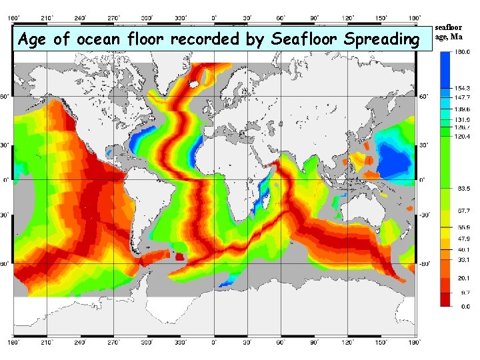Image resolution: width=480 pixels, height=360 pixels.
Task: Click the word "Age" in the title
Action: coord(33,39)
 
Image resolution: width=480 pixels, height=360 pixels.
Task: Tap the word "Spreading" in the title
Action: coord(380,39)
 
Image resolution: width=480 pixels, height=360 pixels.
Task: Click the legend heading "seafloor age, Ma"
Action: coord(449,32)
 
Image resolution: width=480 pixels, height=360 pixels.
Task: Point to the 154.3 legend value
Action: coord(462,88)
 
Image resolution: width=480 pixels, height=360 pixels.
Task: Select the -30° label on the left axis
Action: coord(5,215)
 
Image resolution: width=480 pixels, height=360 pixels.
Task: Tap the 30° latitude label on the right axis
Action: coord(423,145)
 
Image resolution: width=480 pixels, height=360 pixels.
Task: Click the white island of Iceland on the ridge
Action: coord(195,85)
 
